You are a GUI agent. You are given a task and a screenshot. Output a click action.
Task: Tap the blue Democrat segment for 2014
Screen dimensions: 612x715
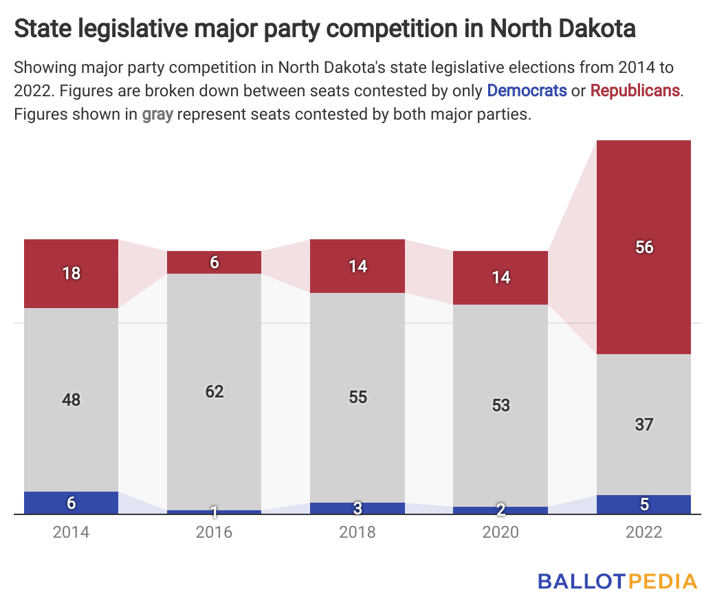pos(71,503)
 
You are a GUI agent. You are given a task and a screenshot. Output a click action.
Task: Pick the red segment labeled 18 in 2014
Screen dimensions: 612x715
pos(71,273)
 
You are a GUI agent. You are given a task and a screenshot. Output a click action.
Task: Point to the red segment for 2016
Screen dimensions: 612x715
pos(214,262)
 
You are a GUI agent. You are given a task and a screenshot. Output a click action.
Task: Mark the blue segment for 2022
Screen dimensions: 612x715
pos(643,504)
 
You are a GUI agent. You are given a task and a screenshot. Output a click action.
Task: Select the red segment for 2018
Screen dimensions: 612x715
pos(357,266)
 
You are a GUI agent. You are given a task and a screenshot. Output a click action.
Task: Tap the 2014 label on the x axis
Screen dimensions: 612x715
pos(71,532)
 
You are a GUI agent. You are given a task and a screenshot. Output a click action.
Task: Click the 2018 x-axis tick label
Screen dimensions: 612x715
pos(357,532)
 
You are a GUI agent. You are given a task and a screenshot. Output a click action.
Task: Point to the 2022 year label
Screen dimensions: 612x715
pos(643,532)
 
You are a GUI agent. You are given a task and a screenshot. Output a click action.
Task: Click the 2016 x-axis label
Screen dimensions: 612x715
pos(214,532)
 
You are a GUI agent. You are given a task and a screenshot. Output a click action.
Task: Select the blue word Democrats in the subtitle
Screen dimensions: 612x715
pos(527,91)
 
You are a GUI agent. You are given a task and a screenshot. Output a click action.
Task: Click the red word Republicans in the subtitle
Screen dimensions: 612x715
pos(635,91)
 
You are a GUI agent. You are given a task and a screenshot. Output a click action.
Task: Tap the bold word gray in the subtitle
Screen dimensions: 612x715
pos(157,114)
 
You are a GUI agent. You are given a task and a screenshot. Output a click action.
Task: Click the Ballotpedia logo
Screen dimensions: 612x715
pos(617,580)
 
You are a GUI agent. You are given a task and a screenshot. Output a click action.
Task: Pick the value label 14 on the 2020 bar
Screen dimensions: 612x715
pos(500,277)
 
